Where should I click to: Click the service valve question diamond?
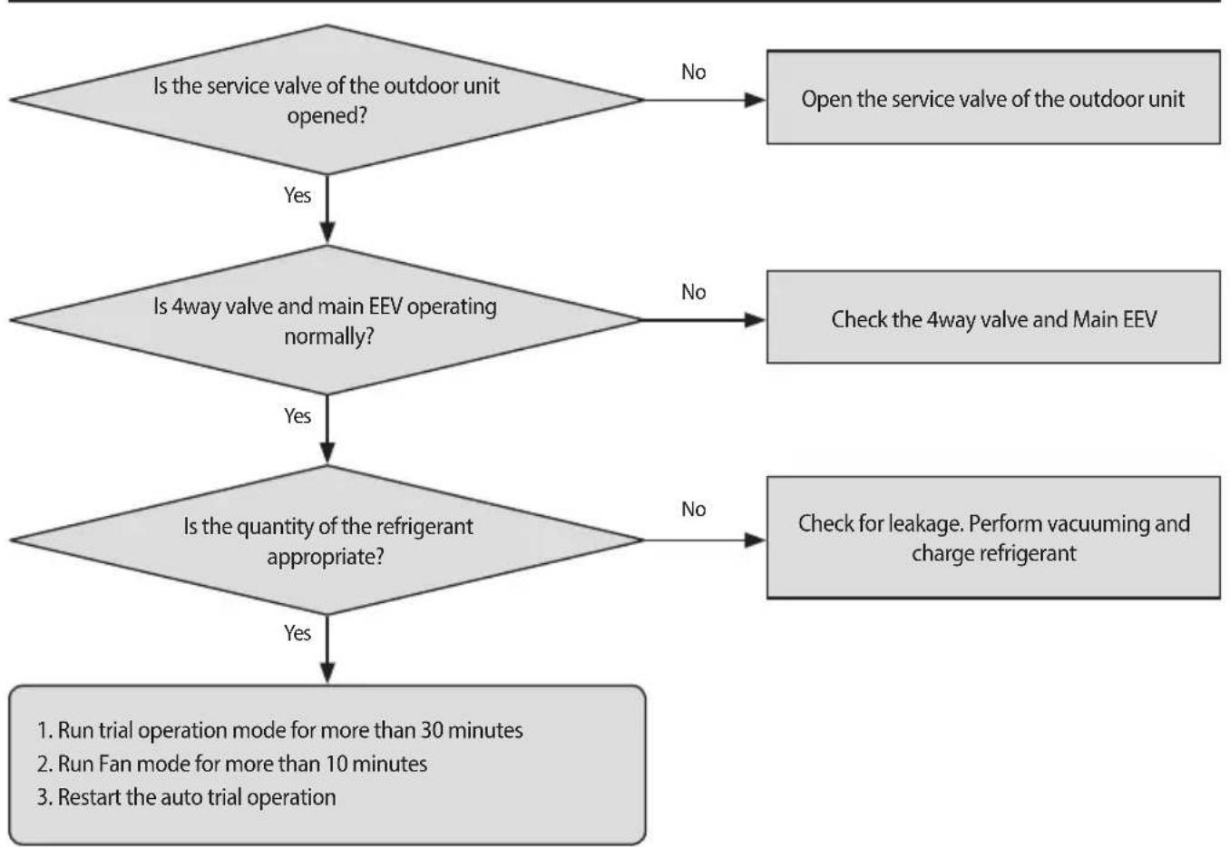[327, 100]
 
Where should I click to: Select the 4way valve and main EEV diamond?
[327, 320]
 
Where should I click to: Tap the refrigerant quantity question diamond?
[327, 540]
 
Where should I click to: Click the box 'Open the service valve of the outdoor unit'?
[993, 97]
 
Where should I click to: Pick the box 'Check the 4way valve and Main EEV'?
[993, 317]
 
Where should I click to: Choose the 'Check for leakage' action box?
[993, 538]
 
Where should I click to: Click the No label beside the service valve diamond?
[694, 72]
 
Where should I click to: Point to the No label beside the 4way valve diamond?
[694, 292]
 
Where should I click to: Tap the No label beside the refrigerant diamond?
[694, 509]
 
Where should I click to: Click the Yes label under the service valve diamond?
[298, 195]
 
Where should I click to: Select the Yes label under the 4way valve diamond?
[298, 415]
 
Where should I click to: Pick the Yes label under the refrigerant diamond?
[298, 633]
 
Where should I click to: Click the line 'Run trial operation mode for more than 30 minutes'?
[280, 731]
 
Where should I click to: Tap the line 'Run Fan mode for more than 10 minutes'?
[232, 764]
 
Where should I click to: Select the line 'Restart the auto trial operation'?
[187, 797]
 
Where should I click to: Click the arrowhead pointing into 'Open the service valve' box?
[755, 100]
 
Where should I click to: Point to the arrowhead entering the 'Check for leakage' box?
[755, 540]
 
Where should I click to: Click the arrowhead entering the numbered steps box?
[327, 673]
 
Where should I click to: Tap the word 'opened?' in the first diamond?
[327, 116]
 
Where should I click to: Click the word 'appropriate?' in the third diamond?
[326, 557]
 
